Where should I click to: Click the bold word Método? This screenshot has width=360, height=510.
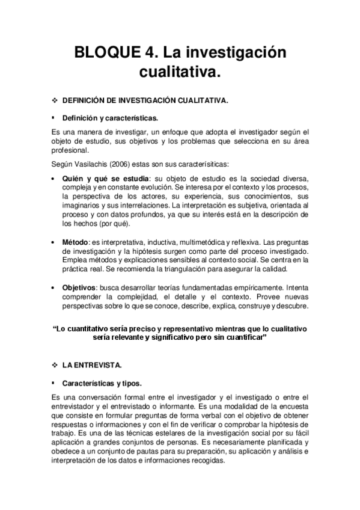tap(76, 242)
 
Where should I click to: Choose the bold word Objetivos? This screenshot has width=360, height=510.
tap(82, 288)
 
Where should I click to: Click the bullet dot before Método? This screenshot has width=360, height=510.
tap(55, 242)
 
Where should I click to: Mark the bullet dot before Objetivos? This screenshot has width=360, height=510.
tap(55, 288)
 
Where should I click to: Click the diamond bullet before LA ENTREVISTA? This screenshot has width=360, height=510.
tap(55, 365)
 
